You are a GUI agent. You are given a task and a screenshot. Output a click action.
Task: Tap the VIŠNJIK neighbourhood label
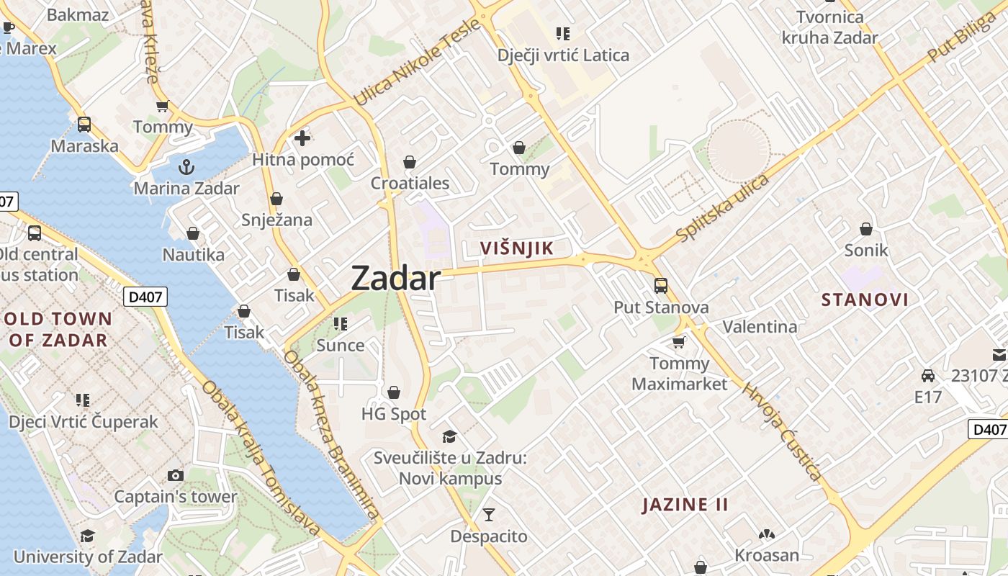pyautogui.click(x=517, y=248)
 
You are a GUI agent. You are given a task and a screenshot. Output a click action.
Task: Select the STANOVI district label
pyautogui.click(x=865, y=300)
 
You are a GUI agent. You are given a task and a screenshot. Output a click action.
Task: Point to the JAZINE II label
pyautogui.click(x=685, y=505)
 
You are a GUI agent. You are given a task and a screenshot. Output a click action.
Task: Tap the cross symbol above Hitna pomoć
pyautogui.click(x=302, y=138)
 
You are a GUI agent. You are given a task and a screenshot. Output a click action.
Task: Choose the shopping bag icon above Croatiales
pyautogui.click(x=410, y=162)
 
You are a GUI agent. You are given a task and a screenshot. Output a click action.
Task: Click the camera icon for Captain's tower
pyautogui.click(x=175, y=475)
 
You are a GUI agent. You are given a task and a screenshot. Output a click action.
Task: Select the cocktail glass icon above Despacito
pyautogui.click(x=489, y=515)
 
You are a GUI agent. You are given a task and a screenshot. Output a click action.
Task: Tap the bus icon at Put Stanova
pyautogui.click(x=660, y=286)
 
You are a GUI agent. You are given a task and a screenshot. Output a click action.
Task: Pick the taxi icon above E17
pyautogui.click(x=928, y=376)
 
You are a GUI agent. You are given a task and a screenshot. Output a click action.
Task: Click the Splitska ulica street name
pyautogui.click(x=723, y=208)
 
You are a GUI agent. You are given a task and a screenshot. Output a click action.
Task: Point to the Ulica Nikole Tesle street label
pyautogui.click(x=416, y=63)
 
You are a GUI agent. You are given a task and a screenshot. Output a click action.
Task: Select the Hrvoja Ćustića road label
pyautogui.click(x=782, y=432)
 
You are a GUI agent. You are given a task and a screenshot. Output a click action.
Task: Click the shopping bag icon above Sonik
pyautogui.click(x=866, y=229)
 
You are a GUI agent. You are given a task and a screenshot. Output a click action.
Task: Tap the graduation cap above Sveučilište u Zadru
pyautogui.click(x=449, y=436)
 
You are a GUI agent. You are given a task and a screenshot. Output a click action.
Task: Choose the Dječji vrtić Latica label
pyautogui.click(x=563, y=55)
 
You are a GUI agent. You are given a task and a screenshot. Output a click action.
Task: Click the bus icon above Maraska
pyautogui.click(x=84, y=125)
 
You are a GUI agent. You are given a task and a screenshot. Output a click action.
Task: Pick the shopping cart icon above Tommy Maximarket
pyautogui.click(x=678, y=342)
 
